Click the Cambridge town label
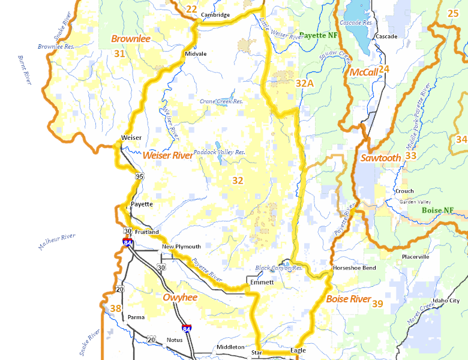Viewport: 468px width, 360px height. coord(215,15)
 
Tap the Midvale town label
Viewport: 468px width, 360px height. coord(196,54)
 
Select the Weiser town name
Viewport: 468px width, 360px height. coord(131,137)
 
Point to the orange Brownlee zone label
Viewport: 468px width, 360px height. coord(130,39)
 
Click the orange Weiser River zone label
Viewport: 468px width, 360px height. coord(167,155)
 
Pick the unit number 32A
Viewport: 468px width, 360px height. coord(305,83)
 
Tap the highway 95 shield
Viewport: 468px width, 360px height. coord(140,176)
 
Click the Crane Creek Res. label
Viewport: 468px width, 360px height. coord(221,101)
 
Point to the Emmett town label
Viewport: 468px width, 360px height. coord(262,282)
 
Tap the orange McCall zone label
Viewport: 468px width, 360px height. coord(364,72)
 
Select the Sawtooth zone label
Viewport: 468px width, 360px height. coord(380,158)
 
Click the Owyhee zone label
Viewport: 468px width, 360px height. coord(181,297)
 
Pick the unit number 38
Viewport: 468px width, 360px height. coord(116,309)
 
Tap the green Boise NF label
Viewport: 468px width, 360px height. coord(437,211)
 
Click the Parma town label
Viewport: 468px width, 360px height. coord(136,317)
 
